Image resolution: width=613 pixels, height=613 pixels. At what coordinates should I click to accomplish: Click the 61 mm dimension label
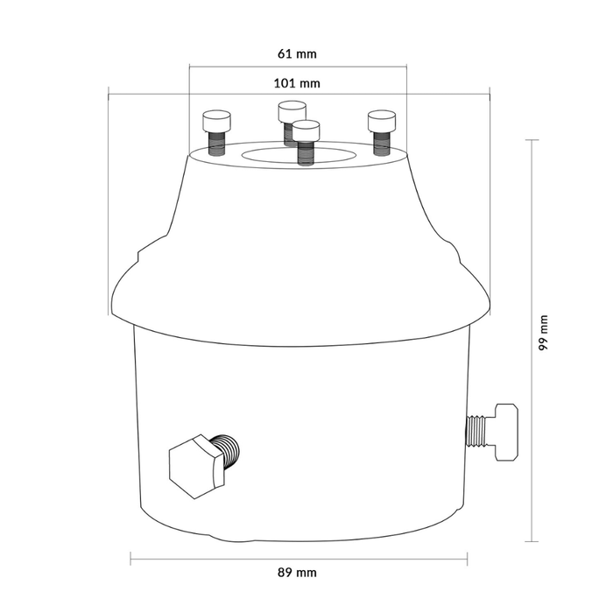[297, 53]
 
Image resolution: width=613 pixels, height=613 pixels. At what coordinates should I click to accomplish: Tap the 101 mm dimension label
[297, 83]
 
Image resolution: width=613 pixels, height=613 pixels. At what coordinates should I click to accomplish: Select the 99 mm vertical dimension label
[544, 333]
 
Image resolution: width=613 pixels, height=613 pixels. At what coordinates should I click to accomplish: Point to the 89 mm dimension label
[297, 573]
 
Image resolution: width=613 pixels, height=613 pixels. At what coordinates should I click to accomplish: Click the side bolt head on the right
[507, 432]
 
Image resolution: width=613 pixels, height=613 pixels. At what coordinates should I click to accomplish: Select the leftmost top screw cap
[216, 121]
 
